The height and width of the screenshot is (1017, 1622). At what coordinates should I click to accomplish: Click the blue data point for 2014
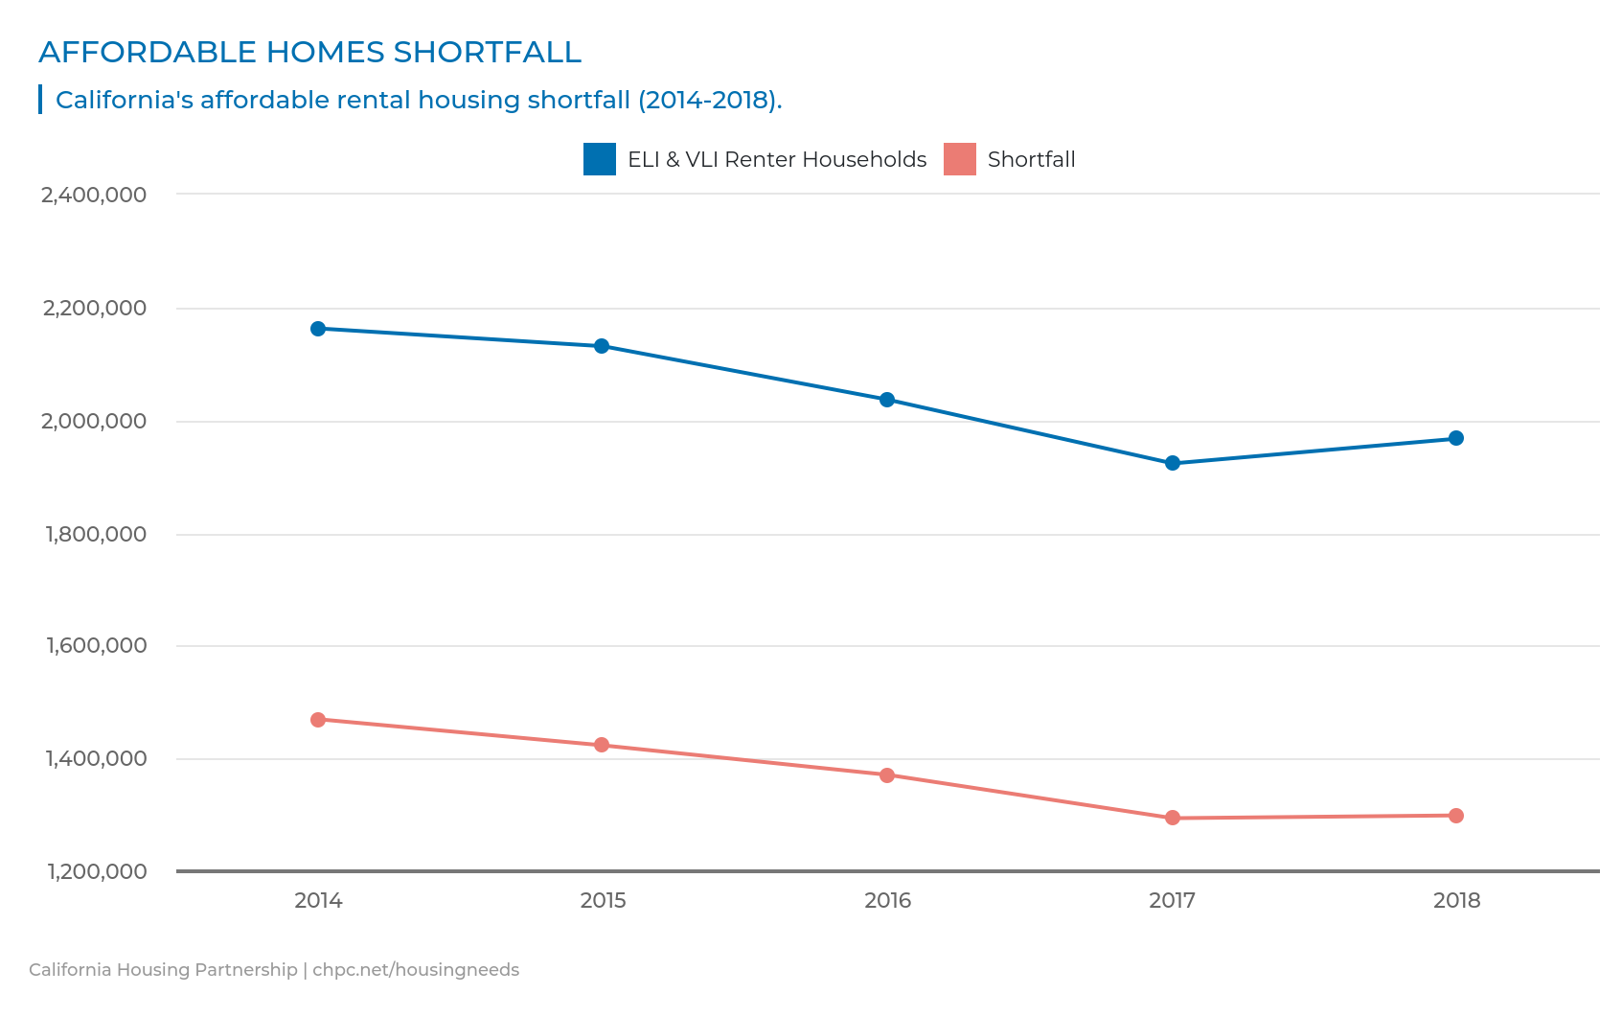click(318, 329)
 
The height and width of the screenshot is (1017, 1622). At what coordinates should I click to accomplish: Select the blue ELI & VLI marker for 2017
click(1172, 463)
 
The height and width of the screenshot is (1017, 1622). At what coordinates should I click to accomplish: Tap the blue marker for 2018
click(1455, 438)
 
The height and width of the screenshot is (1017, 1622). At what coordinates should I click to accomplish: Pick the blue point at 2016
click(887, 400)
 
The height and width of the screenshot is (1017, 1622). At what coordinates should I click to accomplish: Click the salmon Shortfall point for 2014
click(318, 720)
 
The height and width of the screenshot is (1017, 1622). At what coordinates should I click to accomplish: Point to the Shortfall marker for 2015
click(602, 745)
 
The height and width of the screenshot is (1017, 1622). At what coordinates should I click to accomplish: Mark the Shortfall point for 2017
click(1172, 818)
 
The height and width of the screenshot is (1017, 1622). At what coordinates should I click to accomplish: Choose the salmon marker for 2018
click(1455, 816)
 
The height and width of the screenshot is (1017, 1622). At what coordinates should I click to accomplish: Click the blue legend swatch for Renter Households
click(600, 159)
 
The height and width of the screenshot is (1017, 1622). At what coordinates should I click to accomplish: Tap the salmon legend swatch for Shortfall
click(959, 159)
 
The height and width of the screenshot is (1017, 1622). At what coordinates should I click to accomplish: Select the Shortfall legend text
click(1031, 159)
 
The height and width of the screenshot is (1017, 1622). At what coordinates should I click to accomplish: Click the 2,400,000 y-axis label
click(94, 195)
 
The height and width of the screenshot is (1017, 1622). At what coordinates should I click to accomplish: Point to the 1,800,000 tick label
click(96, 534)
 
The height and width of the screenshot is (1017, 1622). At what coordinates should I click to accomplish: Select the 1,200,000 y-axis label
click(96, 871)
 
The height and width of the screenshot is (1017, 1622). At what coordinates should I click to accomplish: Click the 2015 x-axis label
click(603, 901)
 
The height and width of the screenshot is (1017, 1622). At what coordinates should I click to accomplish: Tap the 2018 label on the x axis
click(1456, 901)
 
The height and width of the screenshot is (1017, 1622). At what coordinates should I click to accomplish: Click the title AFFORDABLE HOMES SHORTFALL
click(309, 52)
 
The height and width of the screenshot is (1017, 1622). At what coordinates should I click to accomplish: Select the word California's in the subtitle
click(124, 100)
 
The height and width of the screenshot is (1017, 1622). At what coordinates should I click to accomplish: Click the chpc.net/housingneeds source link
click(416, 970)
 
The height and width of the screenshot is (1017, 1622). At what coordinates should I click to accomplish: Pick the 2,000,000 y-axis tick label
click(95, 421)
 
